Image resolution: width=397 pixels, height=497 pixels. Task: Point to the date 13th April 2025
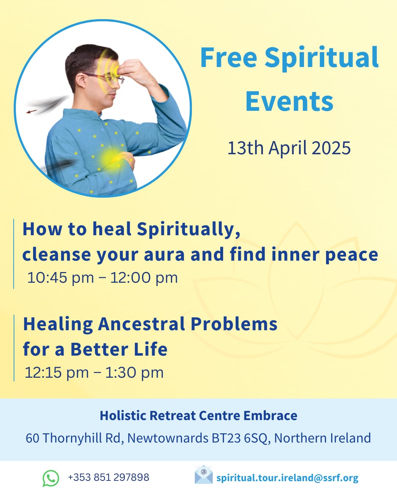click(x=289, y=148)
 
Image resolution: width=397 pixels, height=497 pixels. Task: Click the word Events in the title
click(x=289, y=101)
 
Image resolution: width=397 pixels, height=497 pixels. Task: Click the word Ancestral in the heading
click(x=142, y=324)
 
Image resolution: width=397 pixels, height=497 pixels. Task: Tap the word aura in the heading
click(x=164, y=254)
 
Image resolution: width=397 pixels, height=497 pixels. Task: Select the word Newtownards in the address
click(x=168, y=438)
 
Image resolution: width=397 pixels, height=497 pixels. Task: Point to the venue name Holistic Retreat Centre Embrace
click(x=198, y=415)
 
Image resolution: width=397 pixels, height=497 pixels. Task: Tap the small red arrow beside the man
click(x=32, y=112)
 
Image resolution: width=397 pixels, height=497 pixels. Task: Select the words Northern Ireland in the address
click(x=322, y=438)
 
